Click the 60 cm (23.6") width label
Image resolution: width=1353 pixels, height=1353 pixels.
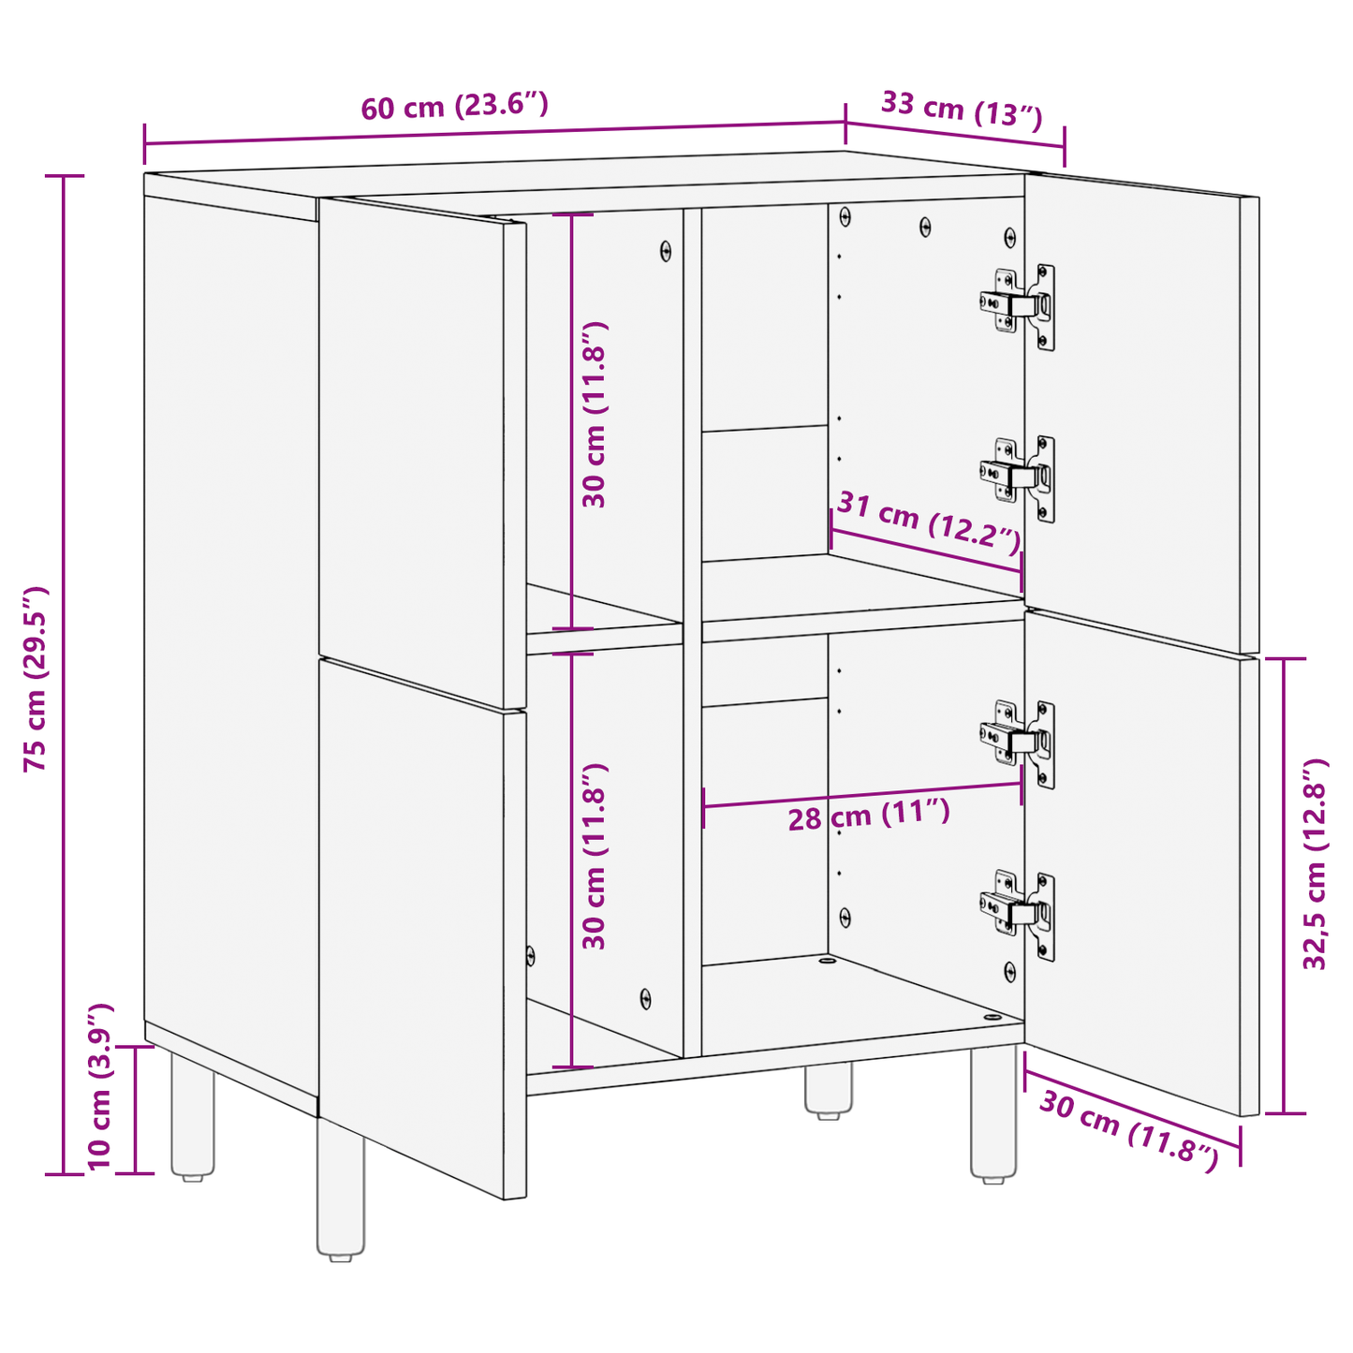click(x=454, y=106)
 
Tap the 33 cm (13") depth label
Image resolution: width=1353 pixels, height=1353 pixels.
click(x=962, y=109)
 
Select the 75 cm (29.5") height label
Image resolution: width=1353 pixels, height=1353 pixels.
click(x=36, y=679)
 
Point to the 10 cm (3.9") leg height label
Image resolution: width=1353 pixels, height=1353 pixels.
click(x=100, y=1086)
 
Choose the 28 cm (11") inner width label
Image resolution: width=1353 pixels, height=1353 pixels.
click(x=868, y=816)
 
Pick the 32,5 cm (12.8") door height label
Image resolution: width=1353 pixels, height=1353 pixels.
click(x=1316, y=863)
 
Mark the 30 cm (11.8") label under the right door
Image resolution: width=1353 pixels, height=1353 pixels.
click(x=1128, y=1131)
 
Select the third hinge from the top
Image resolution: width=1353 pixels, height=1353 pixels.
click(x=1019, y=742)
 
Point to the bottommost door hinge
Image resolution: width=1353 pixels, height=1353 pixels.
click(x=1019, y=912)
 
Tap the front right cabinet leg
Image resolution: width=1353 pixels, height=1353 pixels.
click(x=993, y=1114)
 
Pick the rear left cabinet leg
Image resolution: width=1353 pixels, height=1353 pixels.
click(x=192, y=1114)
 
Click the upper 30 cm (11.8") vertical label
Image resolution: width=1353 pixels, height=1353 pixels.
click(x=595, y=414)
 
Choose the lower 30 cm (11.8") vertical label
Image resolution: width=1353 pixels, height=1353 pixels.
click(x=595, y=856)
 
